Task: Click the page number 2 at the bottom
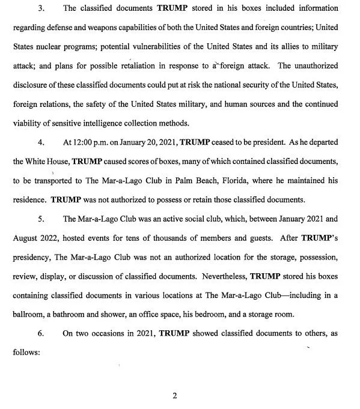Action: [x=175, y=396]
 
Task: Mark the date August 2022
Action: [x=34, y=239]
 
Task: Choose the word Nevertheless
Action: [x=218, y=277]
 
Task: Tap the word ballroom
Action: [x=28, y=315]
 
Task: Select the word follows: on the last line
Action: [x=25, y=353]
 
